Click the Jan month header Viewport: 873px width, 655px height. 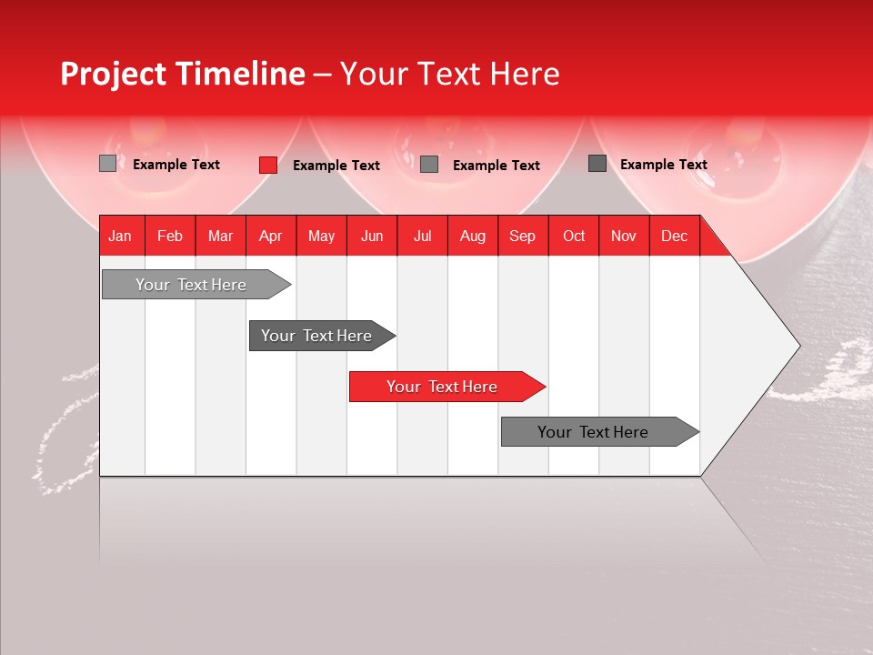click(x=120, y=236)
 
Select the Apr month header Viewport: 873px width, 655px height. click(x=270, y=236)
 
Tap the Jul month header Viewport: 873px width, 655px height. click(x=422, y=236)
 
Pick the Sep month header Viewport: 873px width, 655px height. click(x=522, y=236)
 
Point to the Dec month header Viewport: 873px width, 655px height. click(x=674, y=236)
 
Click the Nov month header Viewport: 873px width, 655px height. click(x=623, y=236)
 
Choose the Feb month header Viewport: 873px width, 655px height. click(x=170, y=236)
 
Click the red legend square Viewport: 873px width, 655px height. click(x=267, y=165)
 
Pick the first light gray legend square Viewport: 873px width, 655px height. click(x=107, y=164)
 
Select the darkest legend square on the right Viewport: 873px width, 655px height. click(x=597, y=163)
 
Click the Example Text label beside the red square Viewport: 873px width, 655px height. click(x=336, y=166)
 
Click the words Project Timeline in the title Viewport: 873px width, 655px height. click(x=182, y=74)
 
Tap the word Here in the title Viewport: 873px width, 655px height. click(x=525, y=74)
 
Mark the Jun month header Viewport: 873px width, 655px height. click(x=372, y=236)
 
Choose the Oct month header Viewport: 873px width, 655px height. click(x=573, y=236)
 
